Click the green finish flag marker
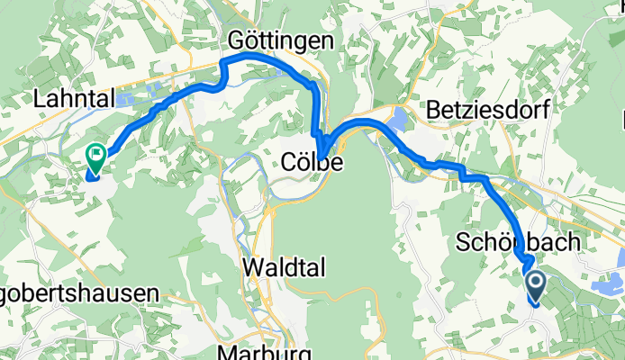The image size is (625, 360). click(95, 158)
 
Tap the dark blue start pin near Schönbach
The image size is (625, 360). click(534, 286)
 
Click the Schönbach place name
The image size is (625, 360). click(512, 243)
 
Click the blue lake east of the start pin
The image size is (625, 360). click(606, 287)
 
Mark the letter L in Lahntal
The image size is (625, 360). click(39, 97)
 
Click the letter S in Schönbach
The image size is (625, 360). click(463, 243)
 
